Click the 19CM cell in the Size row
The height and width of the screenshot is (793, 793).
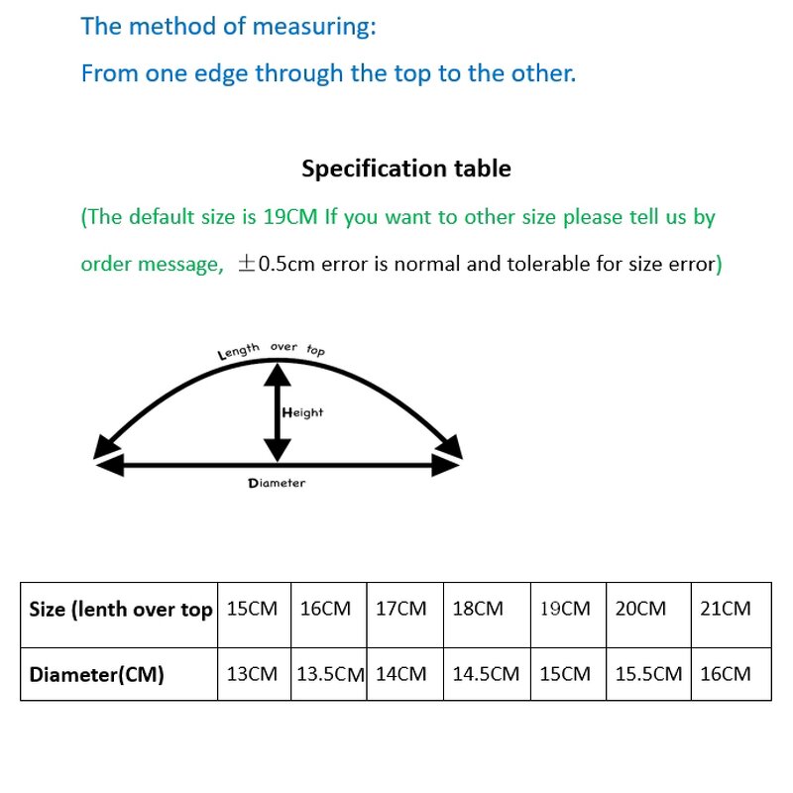tap(565, 609)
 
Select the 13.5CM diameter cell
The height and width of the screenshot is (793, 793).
tap(331, 674)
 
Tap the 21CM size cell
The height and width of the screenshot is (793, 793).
tap(726, 609)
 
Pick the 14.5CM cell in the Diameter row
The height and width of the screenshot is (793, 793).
tap(486, 674)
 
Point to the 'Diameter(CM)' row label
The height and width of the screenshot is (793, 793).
tap(97, 675)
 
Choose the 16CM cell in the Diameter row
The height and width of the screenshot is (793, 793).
tap(726, 674)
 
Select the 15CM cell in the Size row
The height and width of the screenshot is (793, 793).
tap(252, 609)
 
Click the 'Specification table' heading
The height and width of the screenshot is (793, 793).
tap(406, 169)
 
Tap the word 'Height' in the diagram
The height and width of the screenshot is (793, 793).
tap(302, 412)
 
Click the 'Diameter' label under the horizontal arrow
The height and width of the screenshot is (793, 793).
tap(277, 483)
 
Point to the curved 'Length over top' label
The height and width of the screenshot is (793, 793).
tap(271, 349)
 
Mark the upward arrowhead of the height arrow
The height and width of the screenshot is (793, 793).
tap(278, 373)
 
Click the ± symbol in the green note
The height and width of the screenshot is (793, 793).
tap(246, 265)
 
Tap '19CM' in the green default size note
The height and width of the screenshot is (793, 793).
tap(290, 217)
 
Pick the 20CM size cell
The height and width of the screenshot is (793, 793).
tap(640, 609)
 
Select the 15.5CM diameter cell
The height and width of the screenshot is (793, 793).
tap(648, 674)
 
